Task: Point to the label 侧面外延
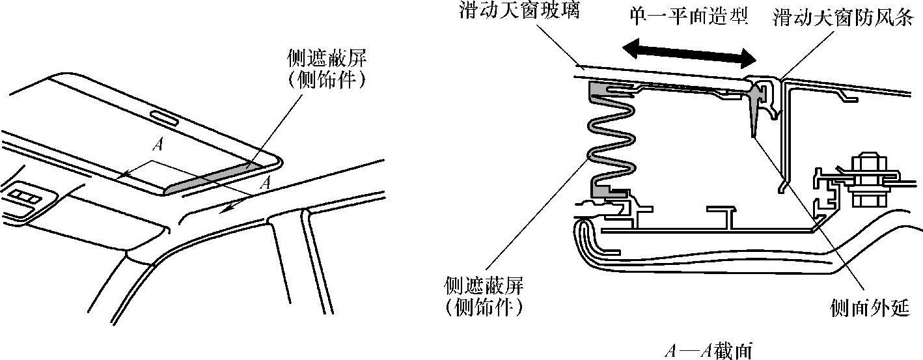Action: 870,308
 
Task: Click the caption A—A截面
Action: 708,351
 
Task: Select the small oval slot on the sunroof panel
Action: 167,118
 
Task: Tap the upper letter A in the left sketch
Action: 156,145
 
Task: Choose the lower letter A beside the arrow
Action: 265,184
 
